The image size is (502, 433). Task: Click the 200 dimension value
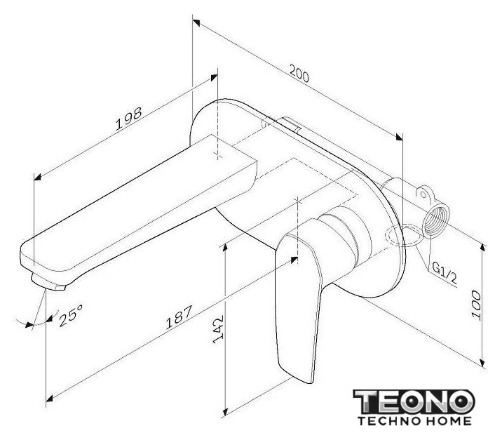299,74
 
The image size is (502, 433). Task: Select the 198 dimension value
129,119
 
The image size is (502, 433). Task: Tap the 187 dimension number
179,317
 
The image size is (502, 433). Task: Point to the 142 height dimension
218,329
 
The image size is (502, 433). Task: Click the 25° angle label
71,315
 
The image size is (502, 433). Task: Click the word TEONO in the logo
414,402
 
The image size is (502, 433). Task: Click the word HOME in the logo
447,421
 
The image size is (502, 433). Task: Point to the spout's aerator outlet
48,282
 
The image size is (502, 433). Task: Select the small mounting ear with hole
423,193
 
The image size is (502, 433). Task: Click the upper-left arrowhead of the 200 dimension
196,22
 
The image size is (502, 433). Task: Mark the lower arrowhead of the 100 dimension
483,363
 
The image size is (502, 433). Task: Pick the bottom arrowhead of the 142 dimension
225,412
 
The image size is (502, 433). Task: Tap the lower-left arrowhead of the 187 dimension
49,399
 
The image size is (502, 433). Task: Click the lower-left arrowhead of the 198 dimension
37,177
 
